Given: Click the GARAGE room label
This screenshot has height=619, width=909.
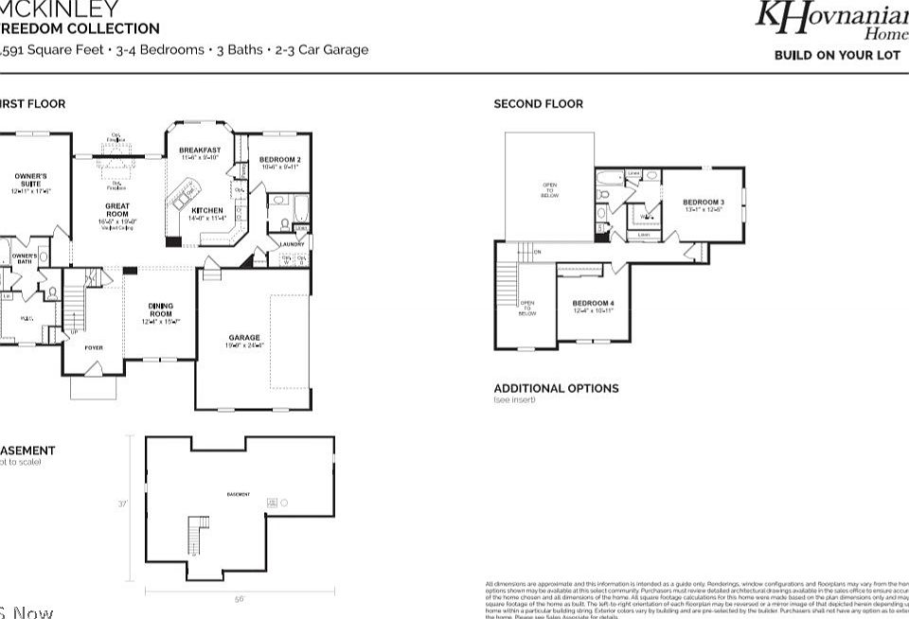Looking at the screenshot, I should [243, 337].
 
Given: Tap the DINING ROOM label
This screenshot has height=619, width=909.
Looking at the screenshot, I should [159, 309].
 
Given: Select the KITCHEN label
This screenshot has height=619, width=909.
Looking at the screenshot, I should [207, 210].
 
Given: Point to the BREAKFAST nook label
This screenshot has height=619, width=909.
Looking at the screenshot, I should [200, 150].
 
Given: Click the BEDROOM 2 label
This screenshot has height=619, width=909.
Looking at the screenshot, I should [279, 159].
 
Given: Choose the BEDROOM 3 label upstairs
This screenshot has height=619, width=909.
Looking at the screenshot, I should [704, 203].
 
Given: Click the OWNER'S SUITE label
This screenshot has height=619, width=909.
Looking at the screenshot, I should [30, 181].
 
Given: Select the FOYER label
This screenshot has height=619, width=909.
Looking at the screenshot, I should [94, 348].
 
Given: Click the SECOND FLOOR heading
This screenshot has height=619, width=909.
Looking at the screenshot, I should [538, 104].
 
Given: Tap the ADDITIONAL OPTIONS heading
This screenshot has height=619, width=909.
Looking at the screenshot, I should [556, 388].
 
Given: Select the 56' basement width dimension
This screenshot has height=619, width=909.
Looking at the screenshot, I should [240, 599].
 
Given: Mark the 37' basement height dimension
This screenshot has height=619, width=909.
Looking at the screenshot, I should [122, 504].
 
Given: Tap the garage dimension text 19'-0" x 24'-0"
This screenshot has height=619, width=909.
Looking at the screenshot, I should [243, 346].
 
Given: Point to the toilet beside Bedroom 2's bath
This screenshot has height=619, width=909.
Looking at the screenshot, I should [285, 224].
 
